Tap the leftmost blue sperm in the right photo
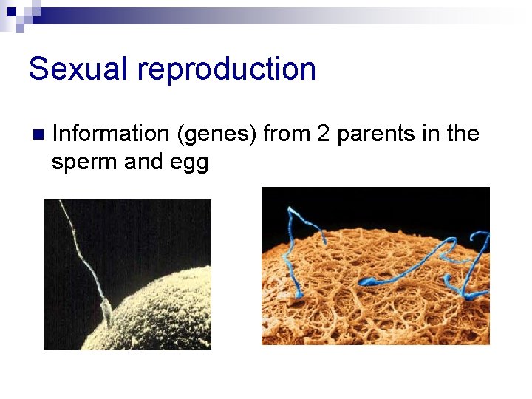coord(296,251)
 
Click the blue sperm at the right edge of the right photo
coord(477,266)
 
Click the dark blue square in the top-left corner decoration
coord(11,11)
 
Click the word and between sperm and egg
coord(145,163)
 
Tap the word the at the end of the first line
coord(463,134)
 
